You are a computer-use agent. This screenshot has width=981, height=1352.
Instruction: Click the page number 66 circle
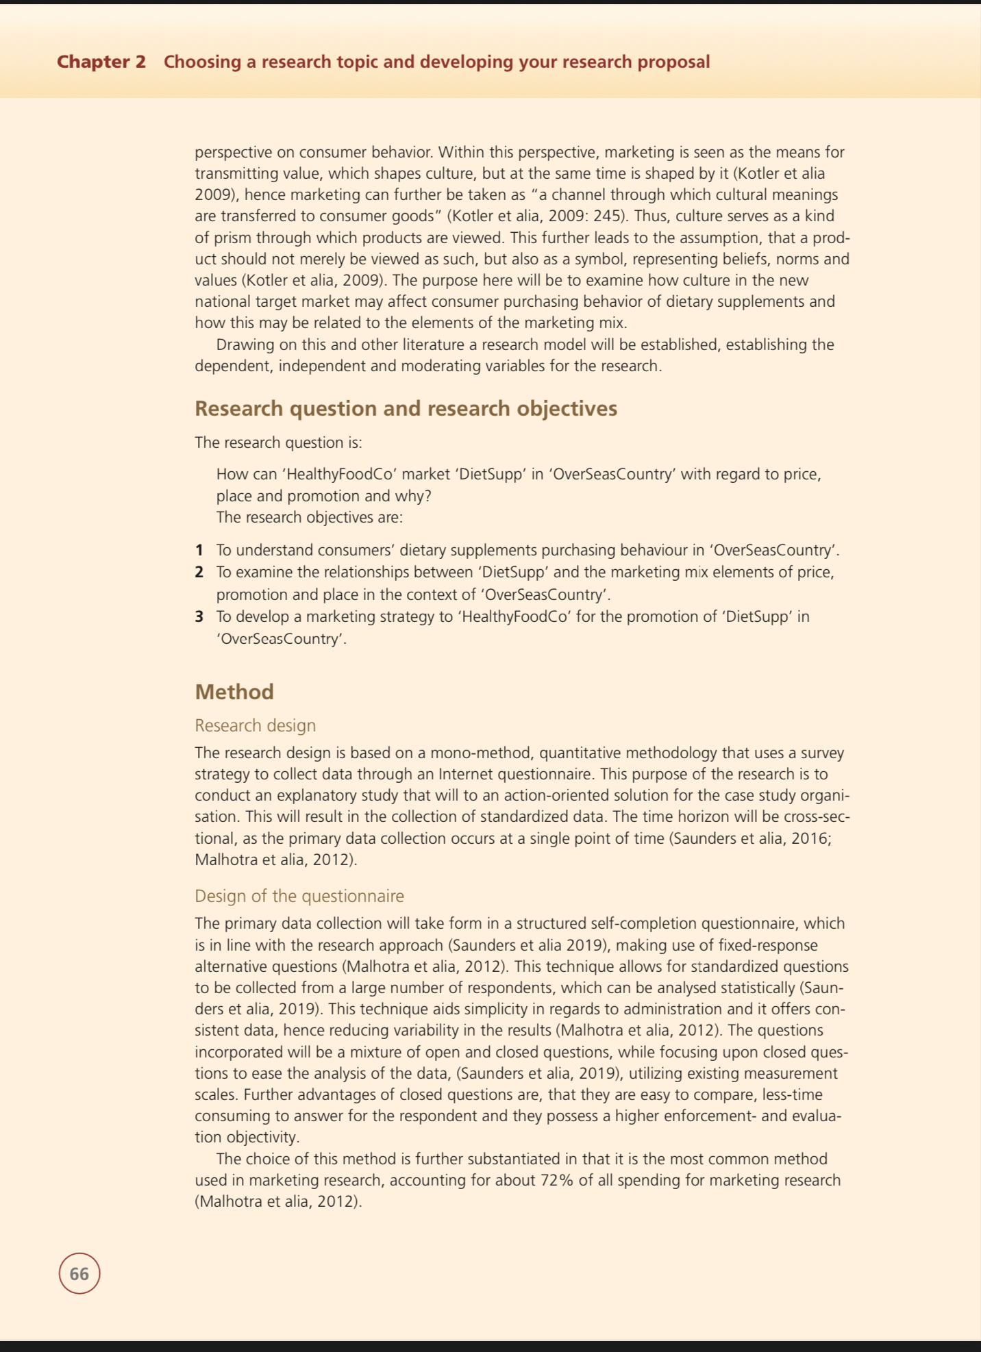click(x=79, y=1273)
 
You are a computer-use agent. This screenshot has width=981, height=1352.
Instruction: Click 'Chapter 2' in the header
click(x=101, y=62)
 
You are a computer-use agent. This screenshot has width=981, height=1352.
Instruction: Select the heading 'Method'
click(x=234, y=692)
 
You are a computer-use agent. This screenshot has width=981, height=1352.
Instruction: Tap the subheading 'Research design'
click(x=255, y=725)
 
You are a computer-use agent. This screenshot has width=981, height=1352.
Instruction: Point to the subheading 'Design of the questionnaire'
click(x=299, y=896)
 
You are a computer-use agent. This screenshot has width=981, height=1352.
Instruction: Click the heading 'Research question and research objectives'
click(x=406, y=408)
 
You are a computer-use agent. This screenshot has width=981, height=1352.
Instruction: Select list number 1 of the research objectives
click(x=199, y=550)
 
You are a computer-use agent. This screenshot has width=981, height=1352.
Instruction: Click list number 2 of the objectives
click(x=199, y=572)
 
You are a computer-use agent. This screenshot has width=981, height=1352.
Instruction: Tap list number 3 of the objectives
click(x=199, y=616)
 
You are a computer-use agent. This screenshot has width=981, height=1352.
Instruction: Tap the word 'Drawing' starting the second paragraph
click(x=246, y=345)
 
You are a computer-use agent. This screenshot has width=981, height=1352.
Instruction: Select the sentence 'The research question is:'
click(x=278, y=442)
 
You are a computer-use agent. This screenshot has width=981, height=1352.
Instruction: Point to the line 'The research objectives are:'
click(x=309, y=517)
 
